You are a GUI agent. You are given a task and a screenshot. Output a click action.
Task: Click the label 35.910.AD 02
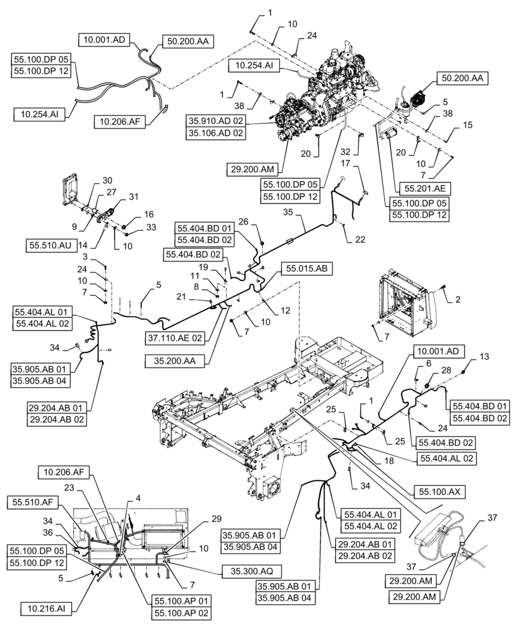point(216,121)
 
